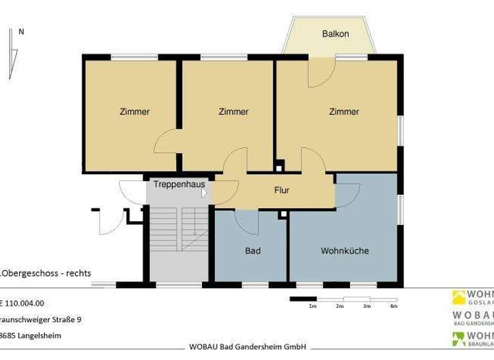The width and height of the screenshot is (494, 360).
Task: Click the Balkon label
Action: coord(335,33)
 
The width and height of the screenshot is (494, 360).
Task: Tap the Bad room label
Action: coord(253,251)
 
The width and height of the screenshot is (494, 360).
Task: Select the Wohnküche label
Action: coord(344,251)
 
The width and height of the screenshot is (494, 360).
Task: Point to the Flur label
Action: coord(282,190)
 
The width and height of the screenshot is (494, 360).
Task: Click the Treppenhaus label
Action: coord(179,184)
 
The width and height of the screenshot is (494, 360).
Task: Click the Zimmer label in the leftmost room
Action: coord(134,112)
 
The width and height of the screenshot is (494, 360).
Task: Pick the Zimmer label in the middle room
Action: coord(233,112)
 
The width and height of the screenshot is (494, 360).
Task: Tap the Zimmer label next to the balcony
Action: coord(343,112)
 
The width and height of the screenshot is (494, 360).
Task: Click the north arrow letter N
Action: coord(22,32)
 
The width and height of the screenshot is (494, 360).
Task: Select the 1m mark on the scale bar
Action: coord(313,307)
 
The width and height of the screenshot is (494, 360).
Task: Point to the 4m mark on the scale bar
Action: coord(394,307)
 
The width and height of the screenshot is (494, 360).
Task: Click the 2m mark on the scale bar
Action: coord(340,307)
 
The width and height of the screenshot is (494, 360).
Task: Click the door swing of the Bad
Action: coord(246,221)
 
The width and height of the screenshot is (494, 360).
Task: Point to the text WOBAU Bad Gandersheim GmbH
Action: coord(246,346)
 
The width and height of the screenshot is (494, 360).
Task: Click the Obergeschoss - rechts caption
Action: coord(46,273)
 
